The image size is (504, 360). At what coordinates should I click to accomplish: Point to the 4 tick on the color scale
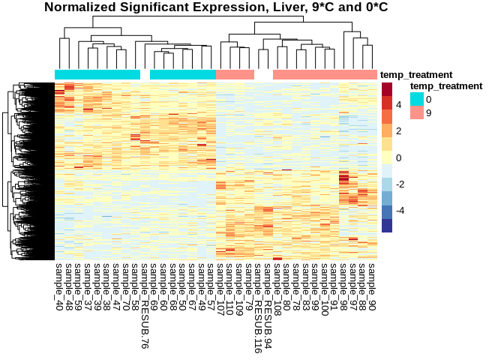[x=399, y=105]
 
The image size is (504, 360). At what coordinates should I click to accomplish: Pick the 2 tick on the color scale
[x=399, y=131]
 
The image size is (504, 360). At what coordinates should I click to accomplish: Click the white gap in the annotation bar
[x=263, y=75]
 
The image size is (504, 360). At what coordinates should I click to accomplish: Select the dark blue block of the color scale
[x=387, y=225]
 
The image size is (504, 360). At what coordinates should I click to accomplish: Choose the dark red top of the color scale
[x=387, y=88]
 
